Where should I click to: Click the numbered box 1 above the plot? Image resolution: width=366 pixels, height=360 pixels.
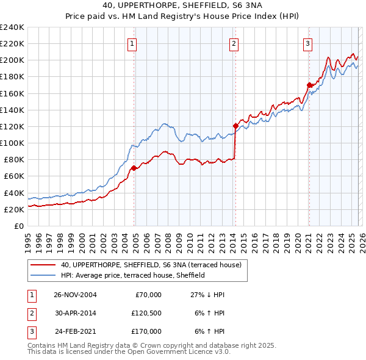tap(132, 43)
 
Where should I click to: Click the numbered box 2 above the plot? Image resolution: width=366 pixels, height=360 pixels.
tap(234, 43)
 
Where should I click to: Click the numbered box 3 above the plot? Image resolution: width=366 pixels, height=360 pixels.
tap(308, 43)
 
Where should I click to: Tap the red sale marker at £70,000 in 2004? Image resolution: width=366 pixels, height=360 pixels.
tap(134, 168)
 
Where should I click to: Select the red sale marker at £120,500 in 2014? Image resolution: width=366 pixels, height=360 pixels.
tap(235, 126)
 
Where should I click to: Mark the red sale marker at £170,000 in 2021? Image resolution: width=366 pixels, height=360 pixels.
tap(309, 85)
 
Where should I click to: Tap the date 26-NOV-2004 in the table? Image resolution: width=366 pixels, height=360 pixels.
tap(75, 295)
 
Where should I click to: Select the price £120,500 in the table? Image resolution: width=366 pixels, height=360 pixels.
tap(146, 313)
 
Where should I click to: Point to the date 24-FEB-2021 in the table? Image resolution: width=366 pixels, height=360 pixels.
tap(75, 331)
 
